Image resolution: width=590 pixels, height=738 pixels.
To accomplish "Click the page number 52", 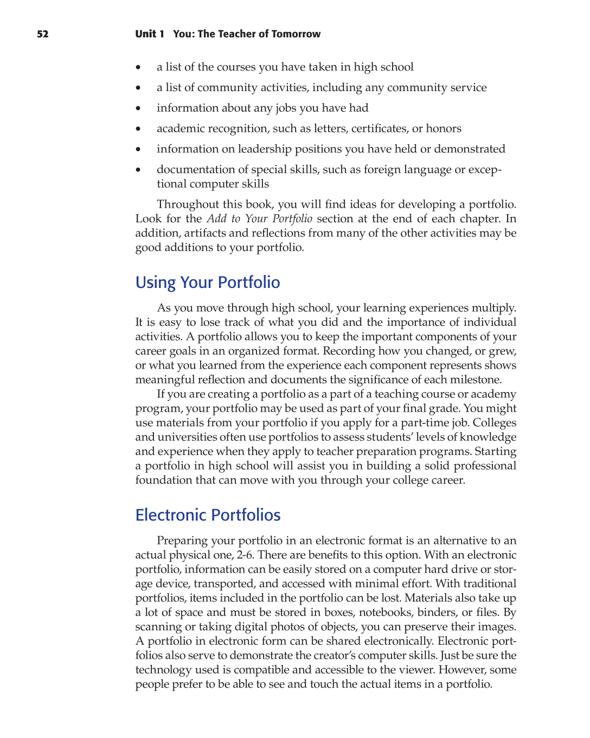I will [x=42, y=34].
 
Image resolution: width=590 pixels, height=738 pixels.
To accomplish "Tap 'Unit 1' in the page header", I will [x=150, y=34].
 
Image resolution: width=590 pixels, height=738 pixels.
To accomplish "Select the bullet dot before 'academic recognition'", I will [x=139, y=129].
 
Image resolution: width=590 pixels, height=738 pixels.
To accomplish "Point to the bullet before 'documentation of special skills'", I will [x=139, y=170].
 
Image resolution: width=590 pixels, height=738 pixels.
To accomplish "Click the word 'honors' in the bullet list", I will [x=444, y=129].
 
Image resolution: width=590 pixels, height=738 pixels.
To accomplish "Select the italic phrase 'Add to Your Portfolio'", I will [x=259, y=219].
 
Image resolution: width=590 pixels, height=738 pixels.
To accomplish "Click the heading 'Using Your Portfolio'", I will [x=208, y=283].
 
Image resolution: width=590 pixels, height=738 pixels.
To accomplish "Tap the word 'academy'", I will [x=493, y=394].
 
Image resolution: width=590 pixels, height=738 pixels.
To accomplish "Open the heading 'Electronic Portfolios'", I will [x=208, y=515].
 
